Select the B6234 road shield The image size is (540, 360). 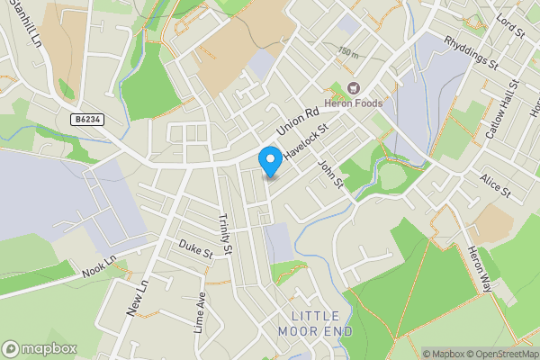point(86,119)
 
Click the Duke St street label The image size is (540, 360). point(194,249)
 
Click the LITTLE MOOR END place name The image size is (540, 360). point(315,323)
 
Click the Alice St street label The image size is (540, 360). point(495,185)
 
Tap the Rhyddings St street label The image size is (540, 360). point(472,52)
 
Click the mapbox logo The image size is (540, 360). point(39,348)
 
